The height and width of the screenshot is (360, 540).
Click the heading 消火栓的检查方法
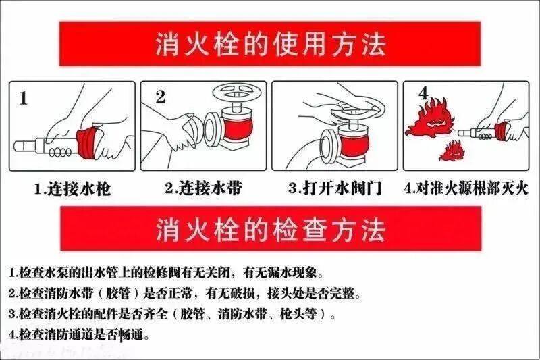click(x=269, y=229)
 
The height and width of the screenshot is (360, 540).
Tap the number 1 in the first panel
click(x=23, y=99)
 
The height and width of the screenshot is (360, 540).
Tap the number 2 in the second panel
click(x=160, y=97)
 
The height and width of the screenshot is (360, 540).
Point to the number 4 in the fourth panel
click(x=423, y=93)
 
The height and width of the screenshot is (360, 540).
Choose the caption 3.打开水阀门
click(x=335, y=188)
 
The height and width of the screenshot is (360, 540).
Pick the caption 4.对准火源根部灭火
click(x=466, y=188)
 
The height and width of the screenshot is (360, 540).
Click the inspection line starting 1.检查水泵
click(x=166, y=274)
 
